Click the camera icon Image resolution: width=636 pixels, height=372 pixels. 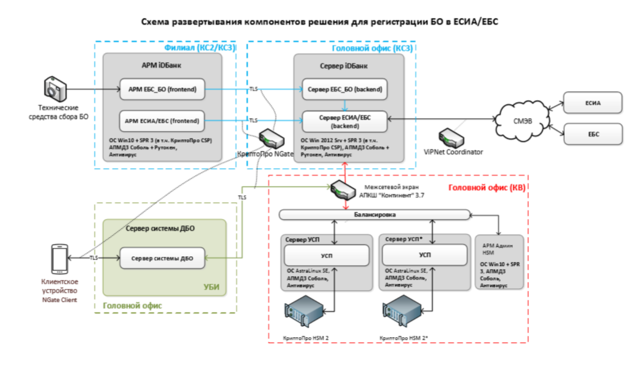point(56,89)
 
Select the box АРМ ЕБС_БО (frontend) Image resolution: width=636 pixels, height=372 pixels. point(163,89)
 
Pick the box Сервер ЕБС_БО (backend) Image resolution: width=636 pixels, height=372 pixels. point(344,89)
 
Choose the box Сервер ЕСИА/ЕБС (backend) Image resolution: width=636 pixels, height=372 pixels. point(344,121)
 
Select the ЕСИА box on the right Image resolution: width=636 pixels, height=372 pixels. point(593,103)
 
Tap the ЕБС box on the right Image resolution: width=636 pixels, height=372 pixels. point(593,135)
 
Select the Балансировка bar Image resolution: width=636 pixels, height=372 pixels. point(375,214)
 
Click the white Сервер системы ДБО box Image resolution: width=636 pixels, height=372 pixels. point(162,258)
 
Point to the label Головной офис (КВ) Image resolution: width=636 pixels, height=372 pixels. point(486,187)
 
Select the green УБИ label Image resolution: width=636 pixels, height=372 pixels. point(211,287)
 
